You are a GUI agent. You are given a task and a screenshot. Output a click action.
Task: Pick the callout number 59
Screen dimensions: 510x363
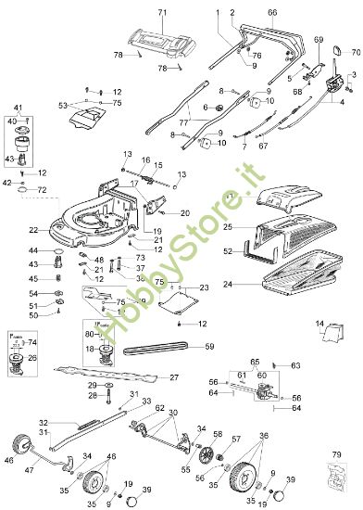(209, 347)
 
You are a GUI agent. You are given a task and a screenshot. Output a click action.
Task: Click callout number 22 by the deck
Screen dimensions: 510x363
(32, 230)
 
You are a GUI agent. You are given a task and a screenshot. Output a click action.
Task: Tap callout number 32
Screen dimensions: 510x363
(43, 423)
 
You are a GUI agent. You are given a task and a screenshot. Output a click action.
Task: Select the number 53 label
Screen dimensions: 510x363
(62, 107)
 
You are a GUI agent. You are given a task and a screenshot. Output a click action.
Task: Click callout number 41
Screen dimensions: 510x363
(18, 108)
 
